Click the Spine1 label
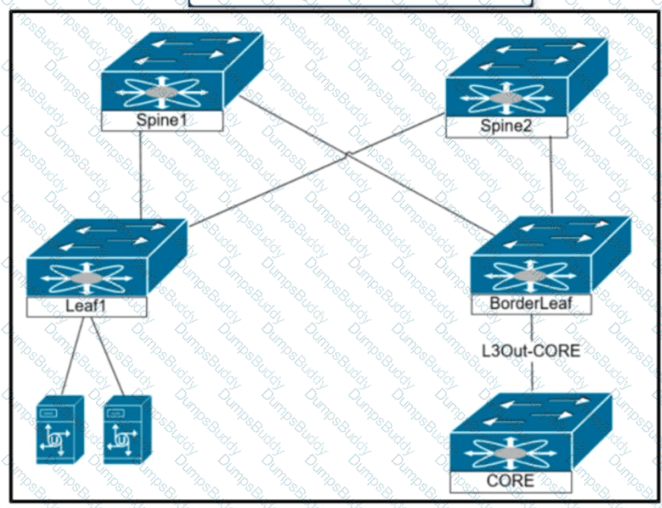[162, 120]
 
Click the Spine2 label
[506, 126]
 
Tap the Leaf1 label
[87, 306]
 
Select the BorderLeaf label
[531, 303]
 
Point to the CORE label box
[511, 481]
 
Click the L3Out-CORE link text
[532, 350]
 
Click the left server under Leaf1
[59, 430]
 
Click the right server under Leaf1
[127, 430]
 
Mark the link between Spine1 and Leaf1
[141, 175]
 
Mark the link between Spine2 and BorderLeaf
[551, 175]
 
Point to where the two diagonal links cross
[347, 155]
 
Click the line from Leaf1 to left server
[72, 356]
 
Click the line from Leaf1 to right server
[107, 356]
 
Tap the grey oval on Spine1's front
[162, 93]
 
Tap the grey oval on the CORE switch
[511, 453]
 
